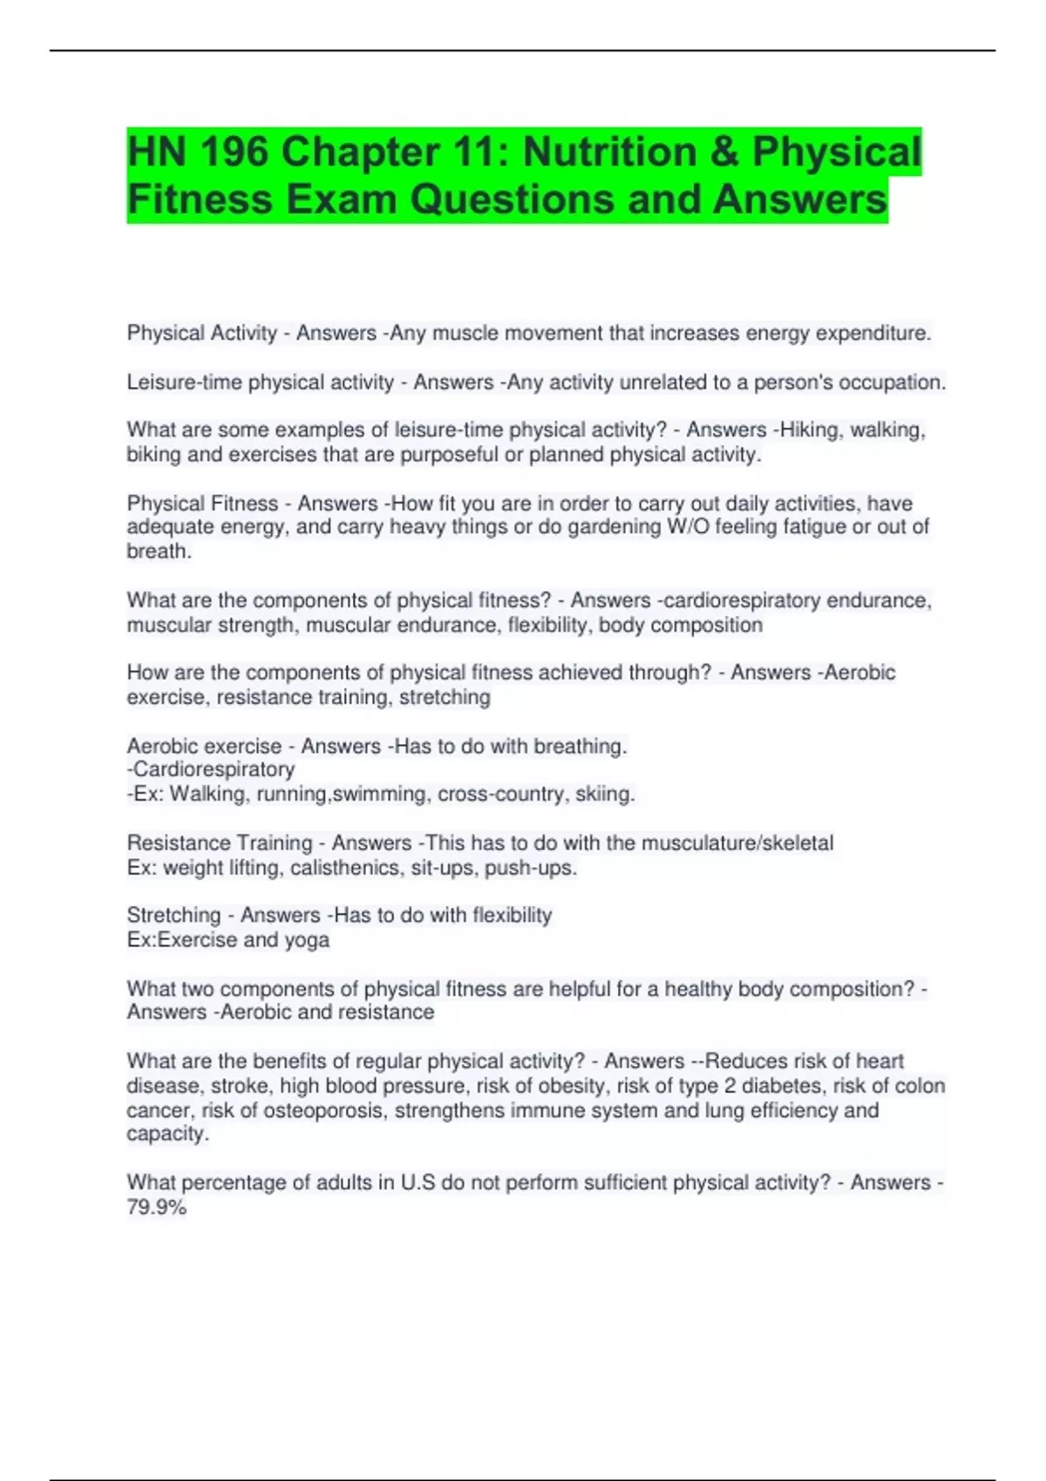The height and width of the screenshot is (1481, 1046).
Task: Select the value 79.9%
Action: point(157,1207)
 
